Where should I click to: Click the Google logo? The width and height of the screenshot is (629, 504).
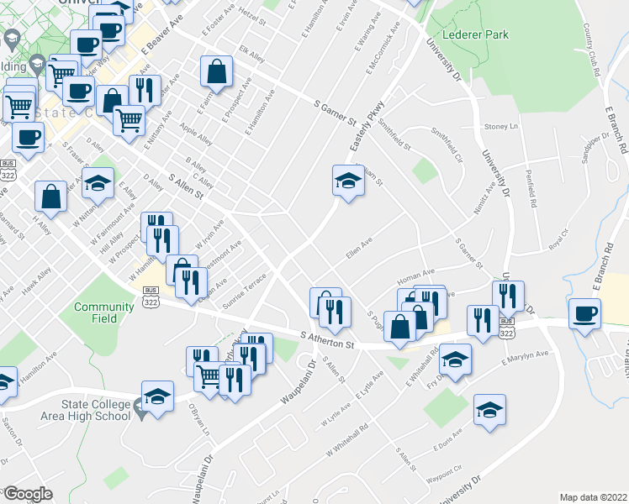tap(27, 494)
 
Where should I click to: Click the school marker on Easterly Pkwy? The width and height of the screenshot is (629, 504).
tap(347, 181)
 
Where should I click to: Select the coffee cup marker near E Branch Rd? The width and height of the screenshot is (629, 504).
tap(584, 313)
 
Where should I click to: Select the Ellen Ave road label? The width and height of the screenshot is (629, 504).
tap(359, 251)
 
